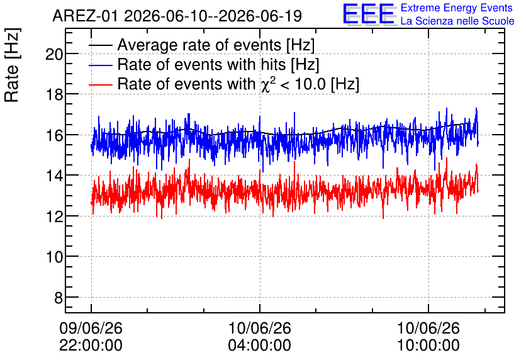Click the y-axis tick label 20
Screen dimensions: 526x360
pos(54,54)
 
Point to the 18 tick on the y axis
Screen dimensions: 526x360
pos(54,94)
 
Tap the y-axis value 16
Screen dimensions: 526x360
pos(54,135)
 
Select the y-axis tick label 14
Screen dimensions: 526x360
pos(54,176)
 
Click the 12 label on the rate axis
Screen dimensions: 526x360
pos(54,217)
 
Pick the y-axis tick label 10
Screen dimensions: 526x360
pos(54,257)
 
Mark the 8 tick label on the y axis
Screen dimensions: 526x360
pos(59,298)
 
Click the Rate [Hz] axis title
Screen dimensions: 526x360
pos(12,65)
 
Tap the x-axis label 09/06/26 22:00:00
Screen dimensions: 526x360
pos(91,337)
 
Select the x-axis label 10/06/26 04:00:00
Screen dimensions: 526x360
pos(260,337)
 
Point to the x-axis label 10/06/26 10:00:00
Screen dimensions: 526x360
pos(428,337)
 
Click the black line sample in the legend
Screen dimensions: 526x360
pos(100,45)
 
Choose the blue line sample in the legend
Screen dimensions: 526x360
pos(100,65)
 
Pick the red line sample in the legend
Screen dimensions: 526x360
pos(100,84)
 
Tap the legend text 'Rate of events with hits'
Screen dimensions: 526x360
pos(201,64)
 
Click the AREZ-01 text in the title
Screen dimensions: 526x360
pos(85,16)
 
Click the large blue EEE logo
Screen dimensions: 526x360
pos(368,14)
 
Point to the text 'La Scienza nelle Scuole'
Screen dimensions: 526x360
pos(457,21)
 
